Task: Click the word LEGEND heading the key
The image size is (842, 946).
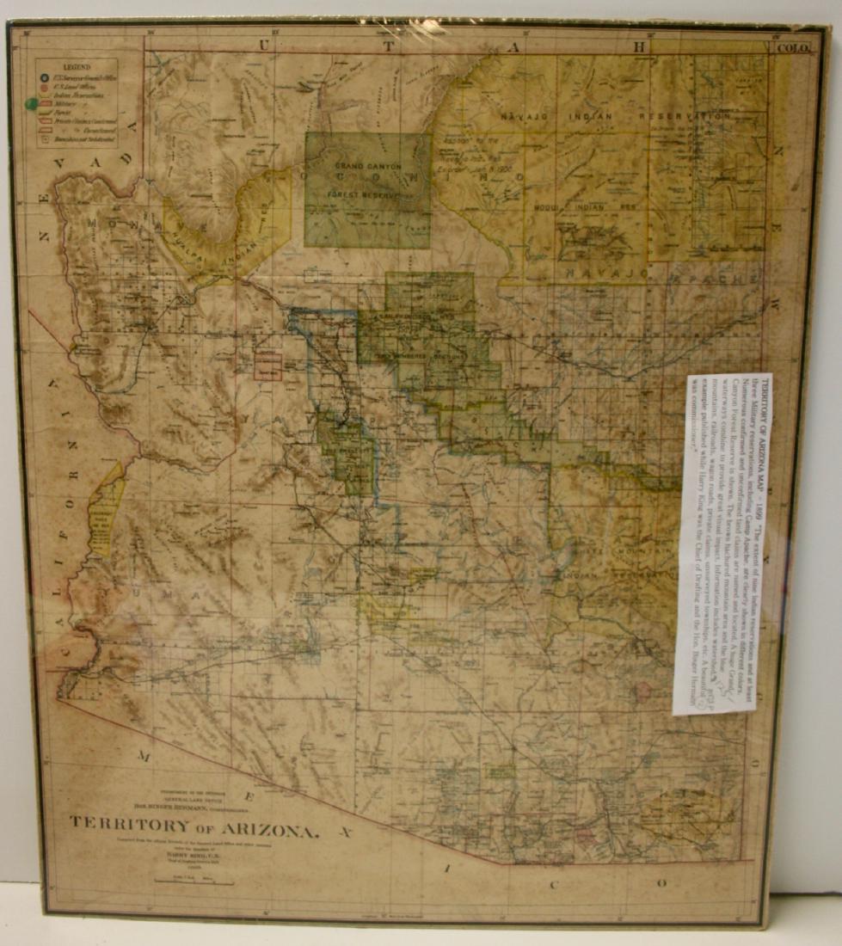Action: [x=75, y=65]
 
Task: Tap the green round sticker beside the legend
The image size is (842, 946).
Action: [x=32, y=104]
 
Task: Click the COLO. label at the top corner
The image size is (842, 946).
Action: [x=792, y=48]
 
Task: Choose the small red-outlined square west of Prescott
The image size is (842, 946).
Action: [x=267, y=365]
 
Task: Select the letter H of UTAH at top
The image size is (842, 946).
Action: [x=641, y=46]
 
